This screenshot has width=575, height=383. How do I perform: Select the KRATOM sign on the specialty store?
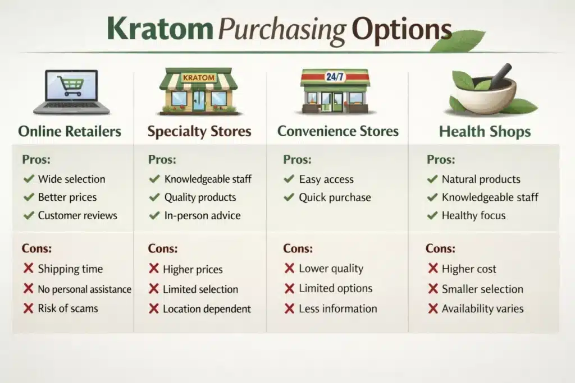click(199, 77)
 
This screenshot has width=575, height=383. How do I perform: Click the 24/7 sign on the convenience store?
click(335, 77)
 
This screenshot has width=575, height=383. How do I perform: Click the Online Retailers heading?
click(70, 132)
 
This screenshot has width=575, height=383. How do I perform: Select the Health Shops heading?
click(485, 132)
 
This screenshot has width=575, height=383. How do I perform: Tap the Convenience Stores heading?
click(338, 132)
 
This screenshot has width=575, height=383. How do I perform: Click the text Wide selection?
click(71, 179)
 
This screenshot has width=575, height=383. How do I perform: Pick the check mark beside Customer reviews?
click(28, 215)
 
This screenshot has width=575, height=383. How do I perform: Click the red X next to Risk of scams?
click(28, 308)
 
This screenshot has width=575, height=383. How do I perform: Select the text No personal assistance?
click(84, 289)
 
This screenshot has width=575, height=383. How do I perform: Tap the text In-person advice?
click(202, 215)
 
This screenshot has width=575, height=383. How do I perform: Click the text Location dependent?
click(207, 309)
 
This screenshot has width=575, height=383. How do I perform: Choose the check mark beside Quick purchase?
click(289, 197)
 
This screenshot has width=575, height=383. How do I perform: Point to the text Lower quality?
click(331, 269)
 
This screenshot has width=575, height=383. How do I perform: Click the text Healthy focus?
click(473, 215)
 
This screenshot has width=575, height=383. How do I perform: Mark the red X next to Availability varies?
click(433, 308)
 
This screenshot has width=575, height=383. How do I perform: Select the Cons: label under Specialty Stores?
click(163, 248)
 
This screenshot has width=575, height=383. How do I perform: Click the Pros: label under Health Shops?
click(440, 160)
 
